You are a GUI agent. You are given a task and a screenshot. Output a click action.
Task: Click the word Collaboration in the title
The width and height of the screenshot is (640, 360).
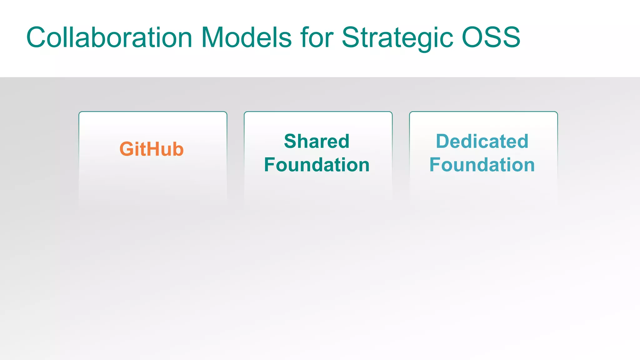[109, 37]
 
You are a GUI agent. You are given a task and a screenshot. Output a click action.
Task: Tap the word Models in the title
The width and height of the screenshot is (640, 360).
[246, 37]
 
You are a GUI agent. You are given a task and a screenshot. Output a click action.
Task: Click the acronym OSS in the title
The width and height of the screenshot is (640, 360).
[491, 37]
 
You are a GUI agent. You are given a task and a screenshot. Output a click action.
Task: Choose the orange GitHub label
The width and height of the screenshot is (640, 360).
[152, 149]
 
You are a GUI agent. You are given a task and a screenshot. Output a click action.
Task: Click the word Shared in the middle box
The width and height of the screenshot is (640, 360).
[317, 141]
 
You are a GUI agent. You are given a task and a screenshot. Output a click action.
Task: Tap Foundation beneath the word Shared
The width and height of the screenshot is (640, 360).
[317, 165]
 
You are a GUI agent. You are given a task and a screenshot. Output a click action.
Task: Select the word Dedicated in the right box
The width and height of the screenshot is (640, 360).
[482, 141]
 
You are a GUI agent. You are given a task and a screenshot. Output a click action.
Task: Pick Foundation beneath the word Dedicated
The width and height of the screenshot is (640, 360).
[482, 165]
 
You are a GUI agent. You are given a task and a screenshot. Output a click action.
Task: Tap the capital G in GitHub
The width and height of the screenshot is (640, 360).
[127, 149]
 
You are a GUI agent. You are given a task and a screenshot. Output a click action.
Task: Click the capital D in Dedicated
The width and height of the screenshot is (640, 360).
[443, 141]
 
